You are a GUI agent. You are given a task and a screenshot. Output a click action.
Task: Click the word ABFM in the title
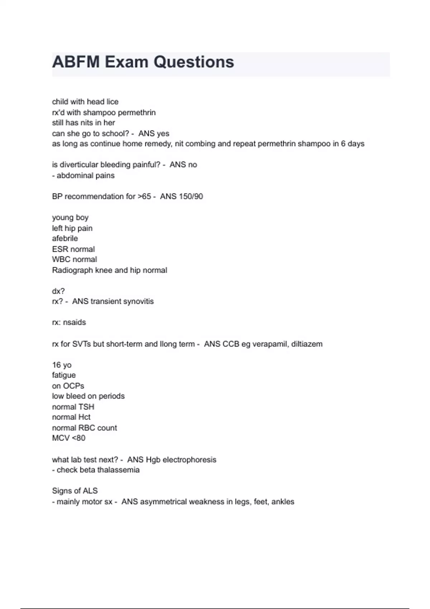click(x=76, y=62)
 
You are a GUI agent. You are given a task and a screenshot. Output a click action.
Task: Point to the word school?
click(x=115, y=134)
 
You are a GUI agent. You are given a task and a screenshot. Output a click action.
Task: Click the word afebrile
click(x=65, y=239)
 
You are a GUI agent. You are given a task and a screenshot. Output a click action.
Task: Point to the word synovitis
click(x=137, y=301)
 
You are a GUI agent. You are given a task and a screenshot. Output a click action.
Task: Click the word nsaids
click(x=75, y=322)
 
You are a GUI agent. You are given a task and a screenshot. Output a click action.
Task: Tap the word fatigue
click(x=64, y=375)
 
